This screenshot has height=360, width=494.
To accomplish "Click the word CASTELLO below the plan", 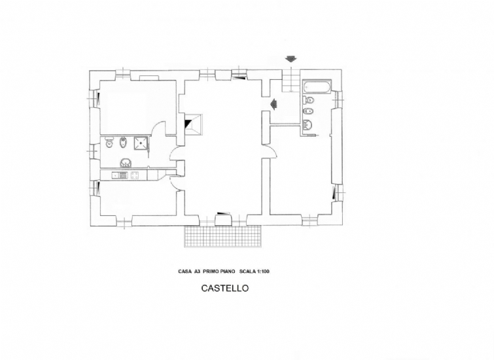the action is (225, 288).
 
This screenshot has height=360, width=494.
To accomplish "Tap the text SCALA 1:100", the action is (255, 272).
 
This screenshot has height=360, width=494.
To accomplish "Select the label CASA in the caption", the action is (185, 272).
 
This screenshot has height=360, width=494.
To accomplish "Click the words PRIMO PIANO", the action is (219, 272).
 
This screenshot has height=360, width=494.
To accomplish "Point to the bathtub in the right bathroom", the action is (317, 86).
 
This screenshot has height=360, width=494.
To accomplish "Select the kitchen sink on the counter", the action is (119, 175).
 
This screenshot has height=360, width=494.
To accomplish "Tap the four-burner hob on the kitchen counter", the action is (135, 175).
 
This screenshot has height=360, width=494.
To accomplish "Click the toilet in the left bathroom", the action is (109, 142).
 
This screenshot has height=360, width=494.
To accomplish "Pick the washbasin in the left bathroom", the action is (126, 163).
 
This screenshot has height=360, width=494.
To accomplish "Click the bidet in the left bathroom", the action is (122, 143).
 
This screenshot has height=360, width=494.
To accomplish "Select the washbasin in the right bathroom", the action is (307, 125).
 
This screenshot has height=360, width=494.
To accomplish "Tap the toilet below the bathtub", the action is (309, 101).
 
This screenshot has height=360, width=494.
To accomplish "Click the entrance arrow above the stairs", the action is (291, 59).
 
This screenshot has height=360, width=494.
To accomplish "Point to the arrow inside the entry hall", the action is (273, 104).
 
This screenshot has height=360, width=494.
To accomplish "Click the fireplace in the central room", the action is (194, 124).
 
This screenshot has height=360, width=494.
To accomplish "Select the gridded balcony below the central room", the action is (222, 236).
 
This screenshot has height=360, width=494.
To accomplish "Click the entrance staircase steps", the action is (291, 81).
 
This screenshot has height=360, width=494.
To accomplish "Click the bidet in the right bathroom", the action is (308, 111).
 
